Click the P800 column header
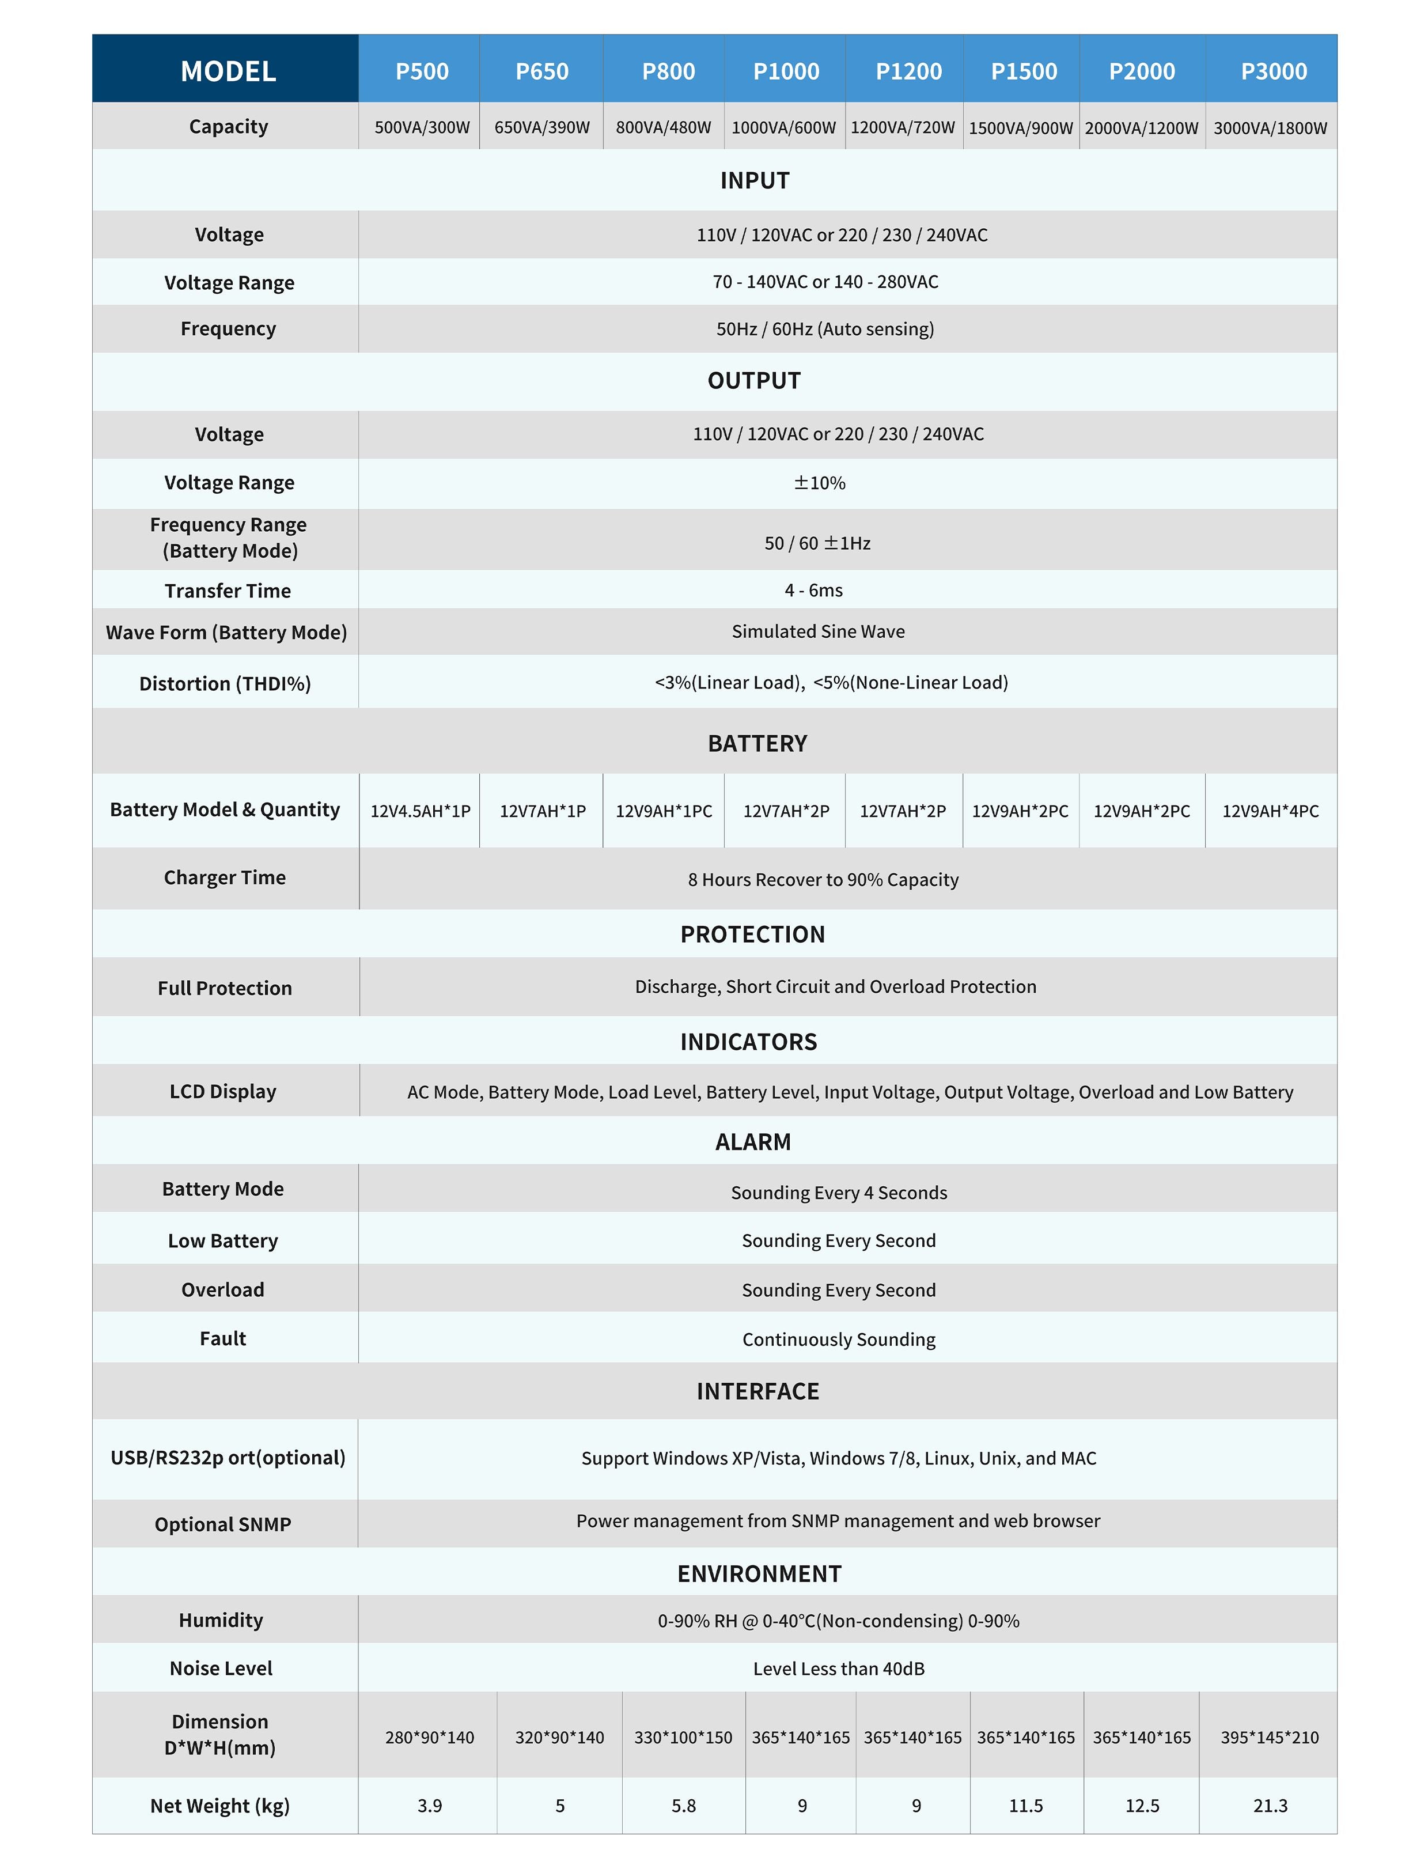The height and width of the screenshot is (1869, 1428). [668, 71]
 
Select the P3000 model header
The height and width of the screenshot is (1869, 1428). [1273, 71]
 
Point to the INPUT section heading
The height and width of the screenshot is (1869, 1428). [755, 180]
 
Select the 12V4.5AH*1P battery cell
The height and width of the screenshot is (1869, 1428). [420, 811]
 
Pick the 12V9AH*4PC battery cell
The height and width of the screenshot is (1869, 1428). [1270, 811]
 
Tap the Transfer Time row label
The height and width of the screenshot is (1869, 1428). [228, 591]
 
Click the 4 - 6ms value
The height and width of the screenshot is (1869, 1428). [813, 590]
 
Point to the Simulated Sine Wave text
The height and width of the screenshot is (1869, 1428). [818, 631]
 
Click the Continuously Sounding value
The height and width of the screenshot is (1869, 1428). [838, 1340]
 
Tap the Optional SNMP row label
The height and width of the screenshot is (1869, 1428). [223, 1524]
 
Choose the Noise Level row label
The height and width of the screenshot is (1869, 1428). [221, 1669]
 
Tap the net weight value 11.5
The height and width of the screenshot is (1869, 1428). [1026, 1806]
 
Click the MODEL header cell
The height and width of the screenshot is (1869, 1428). [228, 71]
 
